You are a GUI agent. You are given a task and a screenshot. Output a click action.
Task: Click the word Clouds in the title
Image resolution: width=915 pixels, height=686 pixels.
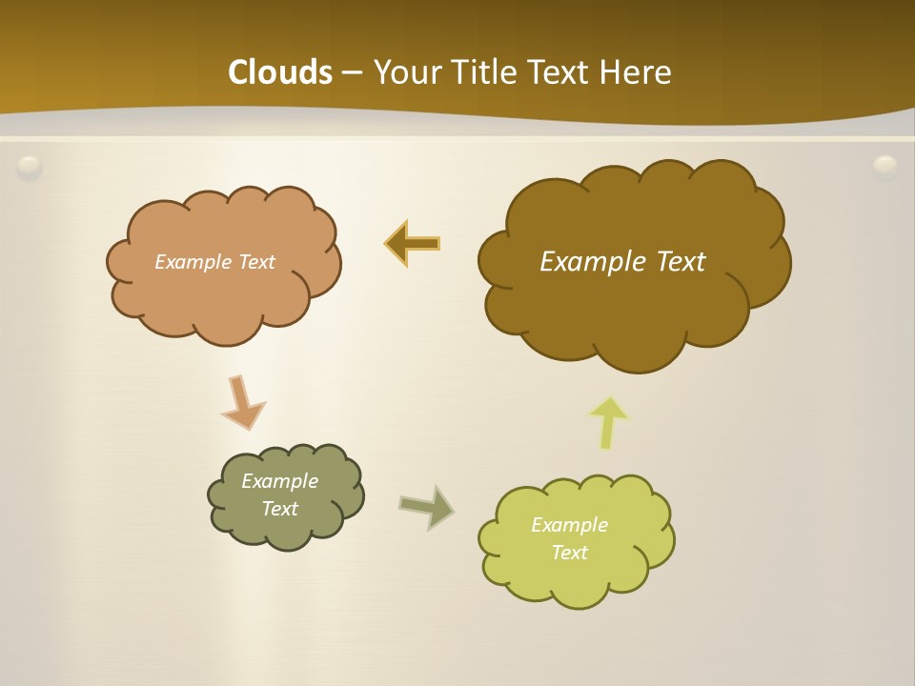(280, 72)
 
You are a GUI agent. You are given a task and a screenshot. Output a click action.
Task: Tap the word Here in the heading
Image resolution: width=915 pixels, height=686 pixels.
(635, 72)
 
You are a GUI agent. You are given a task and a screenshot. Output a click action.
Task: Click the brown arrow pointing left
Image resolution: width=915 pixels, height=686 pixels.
(413, 244)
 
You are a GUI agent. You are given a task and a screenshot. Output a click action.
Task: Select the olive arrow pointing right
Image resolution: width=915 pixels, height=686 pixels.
(427, 506)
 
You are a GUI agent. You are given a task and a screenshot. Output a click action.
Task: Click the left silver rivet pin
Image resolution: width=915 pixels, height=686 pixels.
(30, 168)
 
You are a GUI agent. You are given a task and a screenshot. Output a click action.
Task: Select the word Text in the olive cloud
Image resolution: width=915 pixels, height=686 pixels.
(279, 509)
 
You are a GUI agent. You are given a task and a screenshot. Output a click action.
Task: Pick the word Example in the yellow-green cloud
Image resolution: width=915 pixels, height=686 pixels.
(569, 525)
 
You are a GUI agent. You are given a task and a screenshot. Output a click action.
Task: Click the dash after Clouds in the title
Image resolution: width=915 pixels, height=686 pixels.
(352, 72)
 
